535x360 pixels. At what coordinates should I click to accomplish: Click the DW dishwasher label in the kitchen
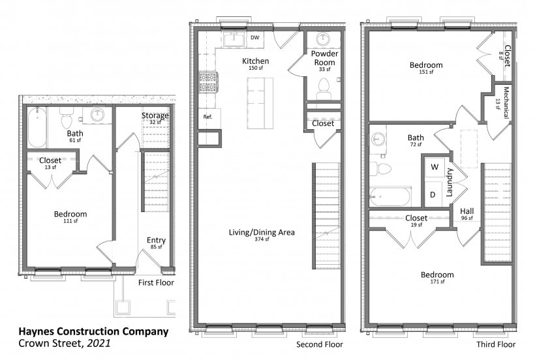click(x=255, y=38)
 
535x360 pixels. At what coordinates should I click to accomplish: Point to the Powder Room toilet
click(x=324, y=88)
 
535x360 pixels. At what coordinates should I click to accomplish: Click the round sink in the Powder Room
click(x=322, y=39)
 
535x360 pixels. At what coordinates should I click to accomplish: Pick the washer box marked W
click(x=435, y=167)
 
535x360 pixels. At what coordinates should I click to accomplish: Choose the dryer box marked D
click(x=433, y=194)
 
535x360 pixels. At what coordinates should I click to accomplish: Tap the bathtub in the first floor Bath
click(x=37, y=127)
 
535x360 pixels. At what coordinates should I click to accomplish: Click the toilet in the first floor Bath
click(x=66, y=117)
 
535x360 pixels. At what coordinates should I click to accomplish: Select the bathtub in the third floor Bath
click(x=390, y=197)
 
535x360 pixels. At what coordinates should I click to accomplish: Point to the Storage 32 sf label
click(x=155, y=118)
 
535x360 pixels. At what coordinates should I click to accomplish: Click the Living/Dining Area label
click(x=262, y=232)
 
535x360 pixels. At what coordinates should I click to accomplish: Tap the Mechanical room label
click(x=502, y=102)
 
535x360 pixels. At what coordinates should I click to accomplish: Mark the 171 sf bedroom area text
click(x=437, y=282)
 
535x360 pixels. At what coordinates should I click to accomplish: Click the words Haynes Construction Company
click(x=93, y=331)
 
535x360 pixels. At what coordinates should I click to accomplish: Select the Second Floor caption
click(x=319, y=344)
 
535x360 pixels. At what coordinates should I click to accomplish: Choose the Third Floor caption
click(x=496, y=344)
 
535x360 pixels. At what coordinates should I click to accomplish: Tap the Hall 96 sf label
click(x=466, y=214)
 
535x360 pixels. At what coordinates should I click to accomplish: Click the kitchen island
click(x=260, y=103)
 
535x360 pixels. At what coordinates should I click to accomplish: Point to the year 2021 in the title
click(x=99, y=343)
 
